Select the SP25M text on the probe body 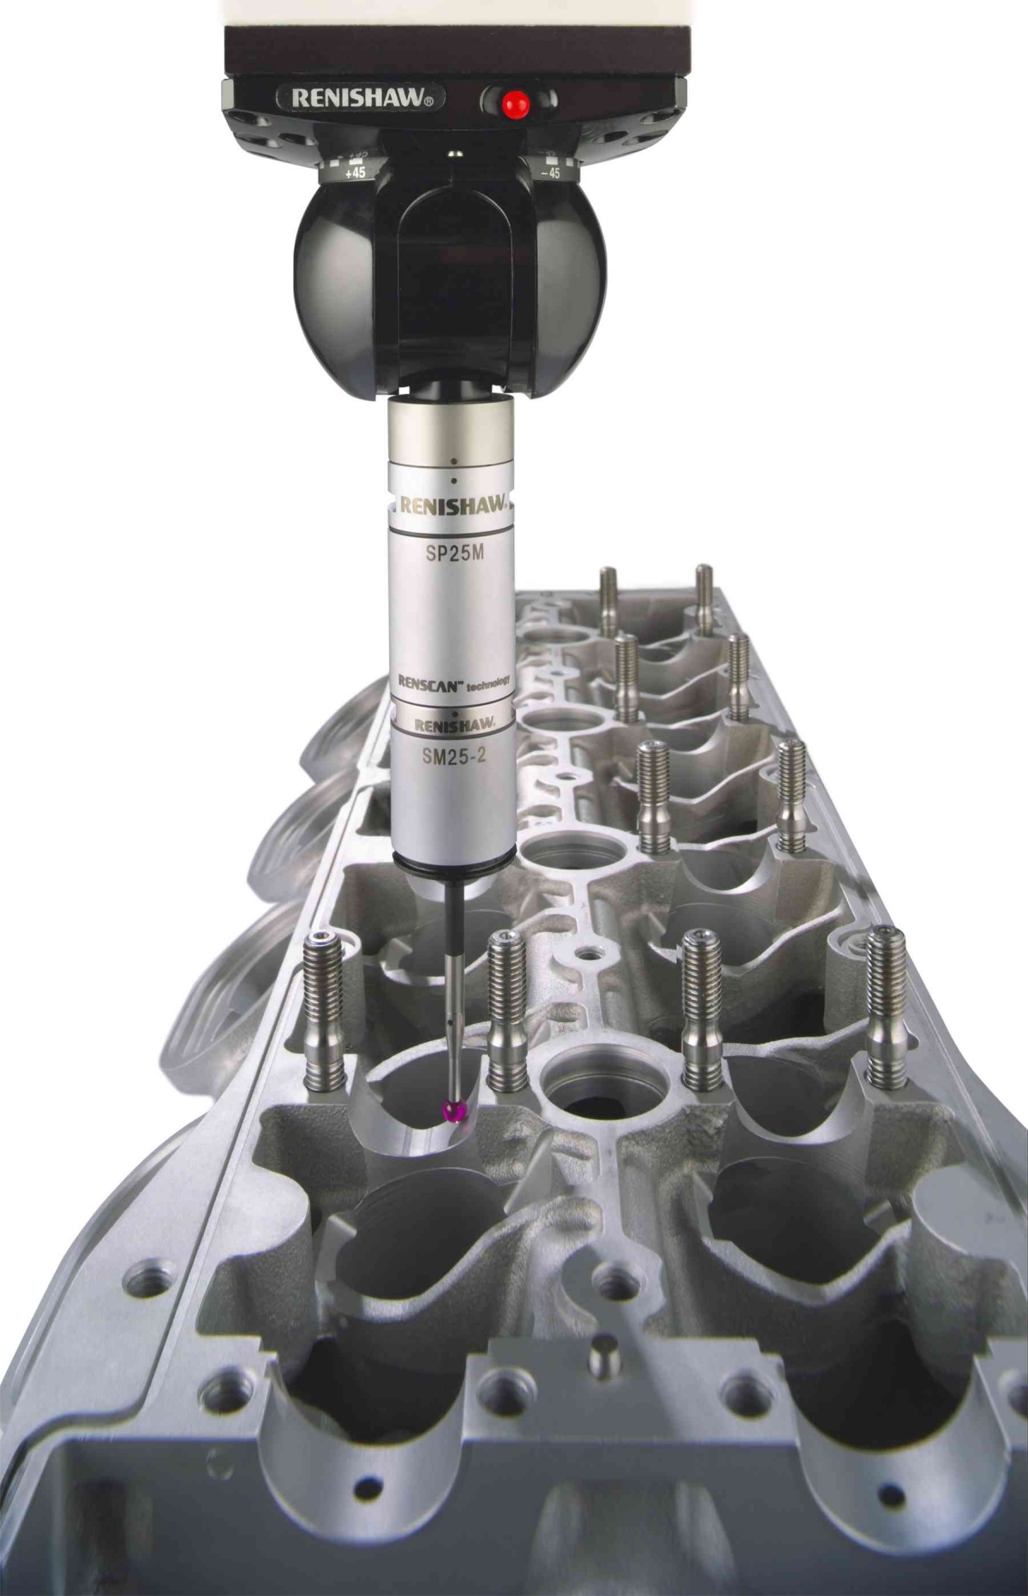tap(456, 553)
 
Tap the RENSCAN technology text tap(454, 682)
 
